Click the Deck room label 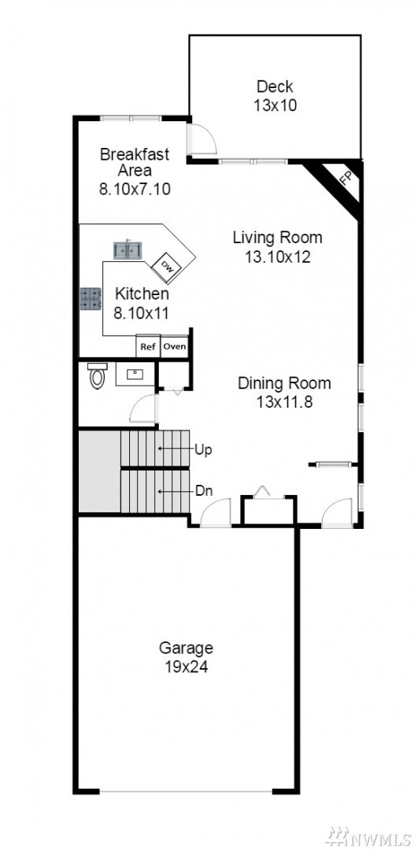click(x=275, y=87)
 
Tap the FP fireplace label click(x=346, y=178)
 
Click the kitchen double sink click(x=128, y=250)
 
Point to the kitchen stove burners click(x=91, y=299)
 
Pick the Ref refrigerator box click(x=147, y=346)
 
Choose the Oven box click(x=175, y=346)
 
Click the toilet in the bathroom click(x=98, y=375)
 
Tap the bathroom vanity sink click(x=135, y=374)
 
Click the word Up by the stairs click(x=202, y=450)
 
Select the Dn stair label click(x=203, y=490)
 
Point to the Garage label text click(x=186, y=648)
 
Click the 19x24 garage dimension click(x=186, y=667)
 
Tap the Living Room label click(x=278, y=238)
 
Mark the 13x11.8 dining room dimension click(x=284, y=402)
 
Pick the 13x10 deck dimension click(x=275, y=105)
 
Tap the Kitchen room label click(x=142, y=294)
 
